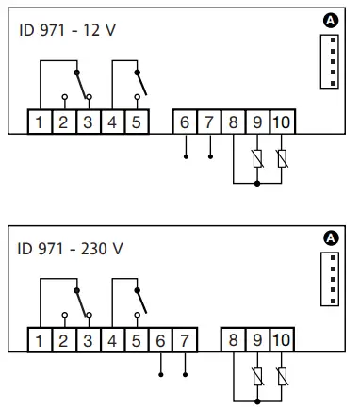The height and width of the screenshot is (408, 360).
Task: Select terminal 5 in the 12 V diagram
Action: [x=137, y=122]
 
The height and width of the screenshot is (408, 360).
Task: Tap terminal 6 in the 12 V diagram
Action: [x=185, y=122]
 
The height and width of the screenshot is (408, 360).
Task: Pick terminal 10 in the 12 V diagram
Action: [x=282, y=122]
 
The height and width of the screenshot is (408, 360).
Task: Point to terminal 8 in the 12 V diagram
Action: [x=233, y=122]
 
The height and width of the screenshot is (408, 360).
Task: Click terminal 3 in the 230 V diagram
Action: [x=88, y=339]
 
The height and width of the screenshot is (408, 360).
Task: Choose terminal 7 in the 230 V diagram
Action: [x=185, y=339]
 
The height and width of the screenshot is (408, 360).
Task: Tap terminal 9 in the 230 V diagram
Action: [x=257, y=339]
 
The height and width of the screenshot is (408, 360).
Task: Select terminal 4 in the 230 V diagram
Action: [x=112, y=339]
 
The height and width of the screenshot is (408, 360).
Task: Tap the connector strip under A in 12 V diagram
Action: [x=329, y=63]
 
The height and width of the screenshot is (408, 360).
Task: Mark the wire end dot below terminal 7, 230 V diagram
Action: [x=185, y=375]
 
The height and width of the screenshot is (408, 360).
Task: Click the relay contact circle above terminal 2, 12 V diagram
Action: [x=63, y=97]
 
